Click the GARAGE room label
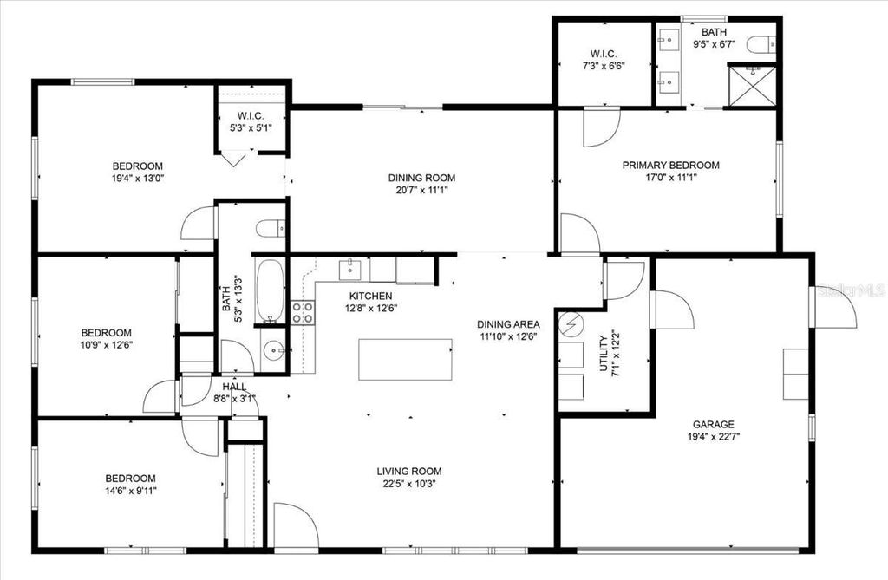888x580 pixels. (713, 424)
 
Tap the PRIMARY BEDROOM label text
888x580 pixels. (670, 165)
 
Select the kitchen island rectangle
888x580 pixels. (405, 359)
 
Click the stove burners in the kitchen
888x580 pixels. (303, 312)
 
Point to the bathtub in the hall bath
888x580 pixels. (270, 290)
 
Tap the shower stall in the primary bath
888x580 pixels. (752, 86)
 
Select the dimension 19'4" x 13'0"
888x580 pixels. (137, 179)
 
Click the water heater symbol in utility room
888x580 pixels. (571, 324)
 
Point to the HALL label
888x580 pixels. (234, 387)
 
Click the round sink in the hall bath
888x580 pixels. (274, 351)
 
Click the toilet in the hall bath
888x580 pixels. (270, 229)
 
